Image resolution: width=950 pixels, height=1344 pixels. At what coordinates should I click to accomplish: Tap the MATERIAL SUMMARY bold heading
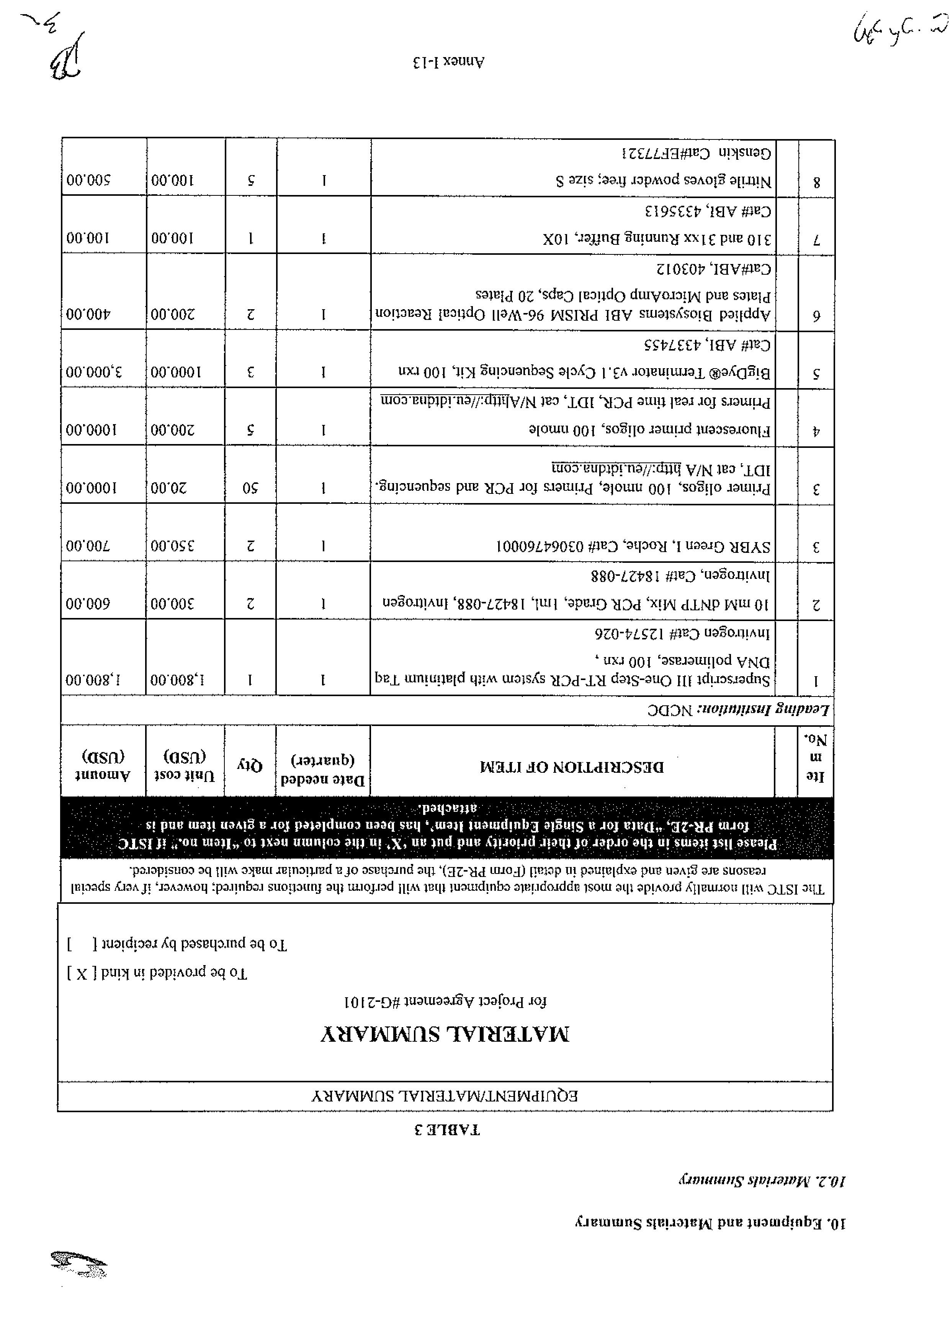[445, 1035]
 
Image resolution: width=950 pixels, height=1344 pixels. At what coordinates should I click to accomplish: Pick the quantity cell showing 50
[250, 488]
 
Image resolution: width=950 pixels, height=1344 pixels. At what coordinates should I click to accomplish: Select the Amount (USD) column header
[103, 764]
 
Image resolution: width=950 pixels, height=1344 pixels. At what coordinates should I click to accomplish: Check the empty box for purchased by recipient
[81, 944]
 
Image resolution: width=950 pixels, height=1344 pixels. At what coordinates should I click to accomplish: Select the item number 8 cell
[816, 182]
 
